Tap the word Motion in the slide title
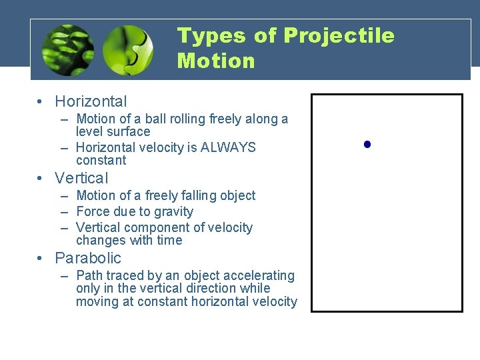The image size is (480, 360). point(216,61)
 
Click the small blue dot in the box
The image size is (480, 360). point(367,144)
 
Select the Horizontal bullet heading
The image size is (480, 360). point(91,101)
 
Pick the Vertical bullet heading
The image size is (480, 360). point(81,178)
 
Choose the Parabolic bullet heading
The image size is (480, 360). point(88,258)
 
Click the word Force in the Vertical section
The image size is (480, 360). point(94,212)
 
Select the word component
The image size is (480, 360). point(153,228)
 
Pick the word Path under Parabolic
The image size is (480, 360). point(90,275)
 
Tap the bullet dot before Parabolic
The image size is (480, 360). point(41,259)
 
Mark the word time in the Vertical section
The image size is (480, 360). point(169,241)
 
